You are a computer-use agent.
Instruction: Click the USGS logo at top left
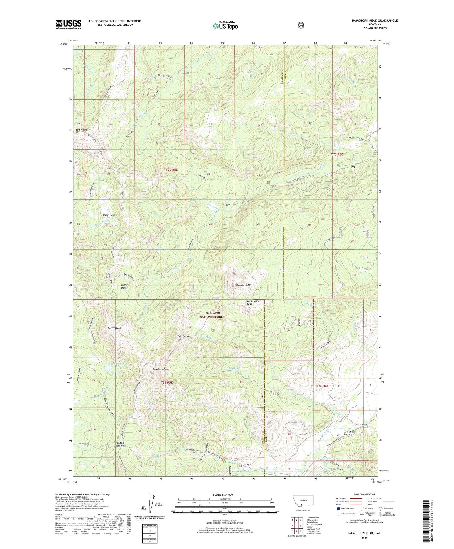tap(68, 24)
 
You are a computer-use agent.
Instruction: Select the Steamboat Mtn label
tap(244, 285)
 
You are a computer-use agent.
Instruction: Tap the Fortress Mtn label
tap(114, 328)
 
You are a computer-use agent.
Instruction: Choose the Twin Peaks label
tap(183, 336)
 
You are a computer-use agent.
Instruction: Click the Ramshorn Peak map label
tap(160, 369)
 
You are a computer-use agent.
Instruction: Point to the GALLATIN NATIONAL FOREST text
tap(212, 315)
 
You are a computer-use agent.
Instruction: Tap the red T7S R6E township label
tap(337, 154)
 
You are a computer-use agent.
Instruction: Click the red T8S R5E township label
tap(166, 382)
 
